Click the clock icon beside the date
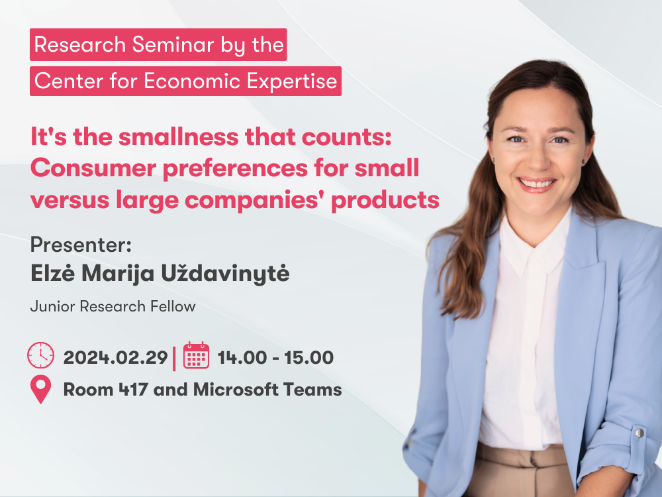(x=40, y=355)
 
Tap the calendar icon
(x=196, y=355)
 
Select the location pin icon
(x=40, y=389)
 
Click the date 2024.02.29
(x=115, y=358)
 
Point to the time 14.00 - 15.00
(x=275, y=358)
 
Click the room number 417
(x=133, y=390)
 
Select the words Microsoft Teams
(x=267, y=390)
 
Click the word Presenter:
(x=81, y=245)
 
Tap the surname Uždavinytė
(x=225, y=273)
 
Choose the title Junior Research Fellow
(x=113, y=306)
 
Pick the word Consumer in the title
(x=93, y=168)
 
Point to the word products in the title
(x=385, y=200)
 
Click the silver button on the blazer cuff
(x=639, y=432)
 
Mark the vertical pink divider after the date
(x=174, y=359)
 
